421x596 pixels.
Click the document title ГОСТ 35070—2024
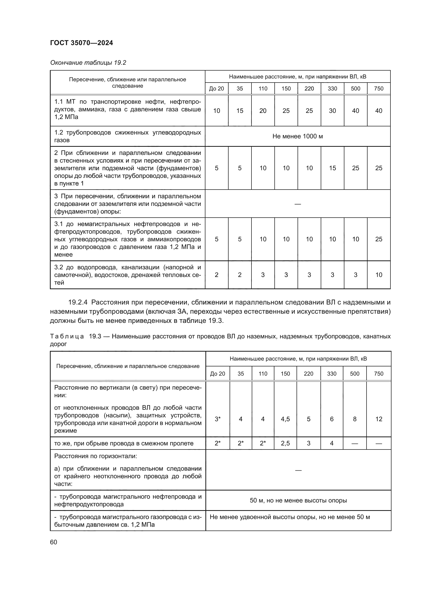pyautogui.click(x=81, y=43)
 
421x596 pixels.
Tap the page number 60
pyautogui.click(x=53, y=542)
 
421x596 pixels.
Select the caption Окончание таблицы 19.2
pyautogui.click(x=88, y=63)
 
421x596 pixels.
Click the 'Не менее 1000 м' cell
pyautogui.click(x=297, y=136)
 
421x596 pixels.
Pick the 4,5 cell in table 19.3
pyautogui.click(x=285, y=419)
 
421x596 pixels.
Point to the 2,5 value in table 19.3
pyautogui.click(x=285, y=443)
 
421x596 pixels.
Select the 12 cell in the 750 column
pyautogui.click(x=378, y=419)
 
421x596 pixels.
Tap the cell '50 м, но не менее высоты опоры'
pyautogui.click(x=298, y=500)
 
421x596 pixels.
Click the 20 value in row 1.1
pyautogui.click(x=263, y=111)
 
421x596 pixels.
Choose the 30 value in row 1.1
pyautogui.click(x=332, y=111)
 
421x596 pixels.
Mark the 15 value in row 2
pyautogui.click(x=332, y=168)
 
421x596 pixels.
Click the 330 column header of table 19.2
pyautogui.click(x=332, y=88)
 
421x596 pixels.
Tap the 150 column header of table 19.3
pyautogui.click(x=285, y=374)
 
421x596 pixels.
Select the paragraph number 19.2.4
pyautogui.click(x=78, y=302)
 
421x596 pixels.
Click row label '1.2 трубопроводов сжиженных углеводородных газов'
pyautogui.click(x=127, y=136)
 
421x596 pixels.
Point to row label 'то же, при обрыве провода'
pyautogui.click(x=124, y=443)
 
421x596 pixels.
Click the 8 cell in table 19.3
pyautogui.click(x=355, y=419)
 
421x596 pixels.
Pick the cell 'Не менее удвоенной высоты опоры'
pyautogui.click(x=290, y=517)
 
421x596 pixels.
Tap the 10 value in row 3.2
pyautogui.click(x=378, y=275)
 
